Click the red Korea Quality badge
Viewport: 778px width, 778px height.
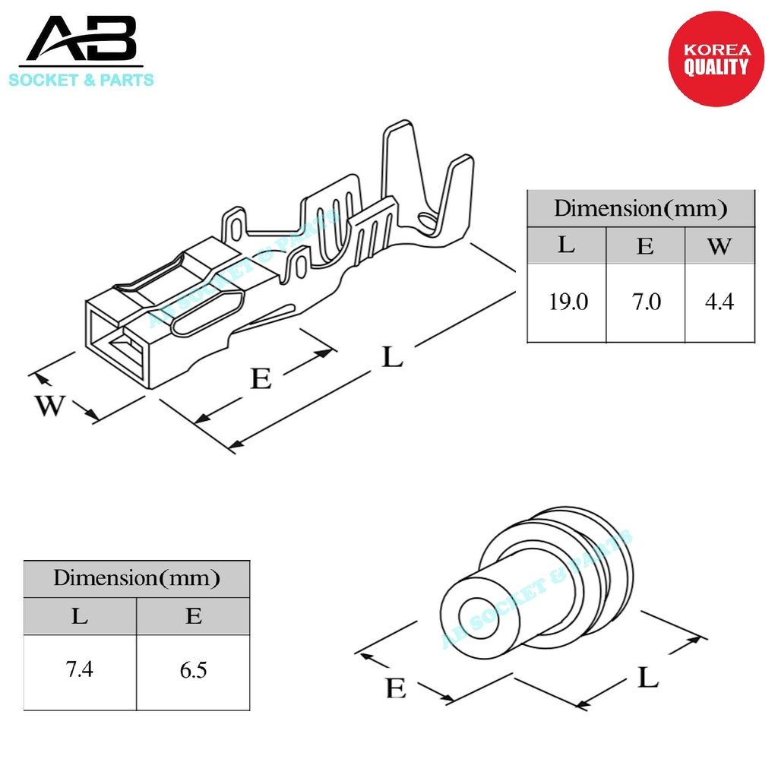click(x=715, y=59)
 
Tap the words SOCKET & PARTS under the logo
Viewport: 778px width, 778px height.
click(x=81, y=80)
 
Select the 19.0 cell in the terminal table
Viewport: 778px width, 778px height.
click(x=568, y=302)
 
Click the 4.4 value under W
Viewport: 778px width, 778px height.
click(x=719, y=302)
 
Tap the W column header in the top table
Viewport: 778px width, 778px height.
click(x=719, y=245)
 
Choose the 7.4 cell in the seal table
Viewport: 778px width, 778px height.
click(x=80, y=670)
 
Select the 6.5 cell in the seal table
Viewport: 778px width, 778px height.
click(x=193, y=670)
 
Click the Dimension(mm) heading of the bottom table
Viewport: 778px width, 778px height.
click(x=136, y=579)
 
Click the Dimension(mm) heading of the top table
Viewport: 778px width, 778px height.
click(x=640, y=208)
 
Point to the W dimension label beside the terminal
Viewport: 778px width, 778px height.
click(x=50, y=406)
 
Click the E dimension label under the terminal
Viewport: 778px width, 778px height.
click(x=261, y=378)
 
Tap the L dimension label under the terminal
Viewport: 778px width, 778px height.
click(x=392, y=356)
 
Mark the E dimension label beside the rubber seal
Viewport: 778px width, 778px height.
click(x=395, y=688)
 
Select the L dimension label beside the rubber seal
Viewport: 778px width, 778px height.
click(x=647, y=676)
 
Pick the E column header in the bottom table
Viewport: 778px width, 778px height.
click(x=193, y=616)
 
